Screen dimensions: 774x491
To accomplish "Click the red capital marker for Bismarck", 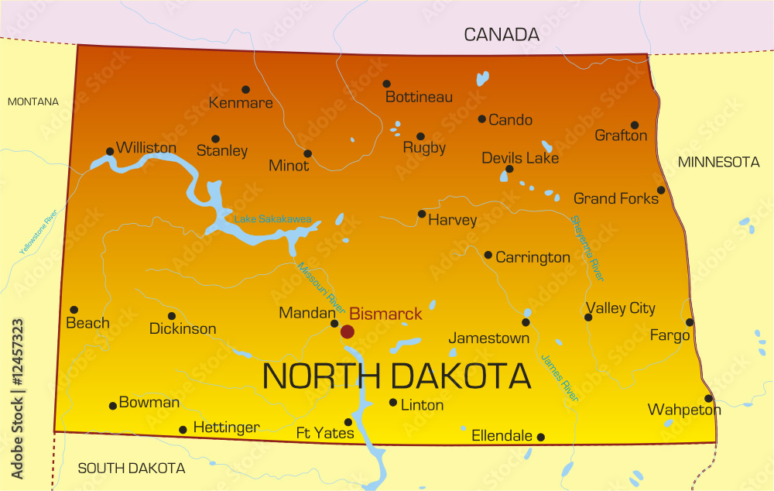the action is pos(348,331).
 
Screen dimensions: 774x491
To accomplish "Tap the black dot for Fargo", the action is pos(690,322).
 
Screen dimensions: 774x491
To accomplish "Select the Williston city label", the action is pos(146,148).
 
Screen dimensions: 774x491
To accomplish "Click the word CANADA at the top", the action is pos(502,34).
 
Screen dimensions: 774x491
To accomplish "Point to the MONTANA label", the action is pos(33,101).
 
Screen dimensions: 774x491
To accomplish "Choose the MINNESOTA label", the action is pos(719,162).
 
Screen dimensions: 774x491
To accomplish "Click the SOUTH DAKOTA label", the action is pos(132,469).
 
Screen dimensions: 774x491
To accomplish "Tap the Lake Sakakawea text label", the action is pos(273,220).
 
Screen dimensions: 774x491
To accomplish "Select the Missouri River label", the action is pos(320,283).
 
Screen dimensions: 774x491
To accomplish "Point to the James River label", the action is pos(560,377).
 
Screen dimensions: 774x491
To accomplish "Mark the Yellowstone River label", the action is pos(39,232).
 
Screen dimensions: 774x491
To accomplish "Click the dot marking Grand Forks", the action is pos(661,190).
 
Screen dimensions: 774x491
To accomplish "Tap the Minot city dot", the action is pos(307,153).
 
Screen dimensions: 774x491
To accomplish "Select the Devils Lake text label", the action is pos(520,158).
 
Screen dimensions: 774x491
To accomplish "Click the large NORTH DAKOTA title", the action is pos(397,376).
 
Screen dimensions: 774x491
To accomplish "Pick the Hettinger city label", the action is pos(226,427).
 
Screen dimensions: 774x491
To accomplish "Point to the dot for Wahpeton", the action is pos(708,398).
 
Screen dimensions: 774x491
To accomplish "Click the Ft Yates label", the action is pos(325,433).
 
